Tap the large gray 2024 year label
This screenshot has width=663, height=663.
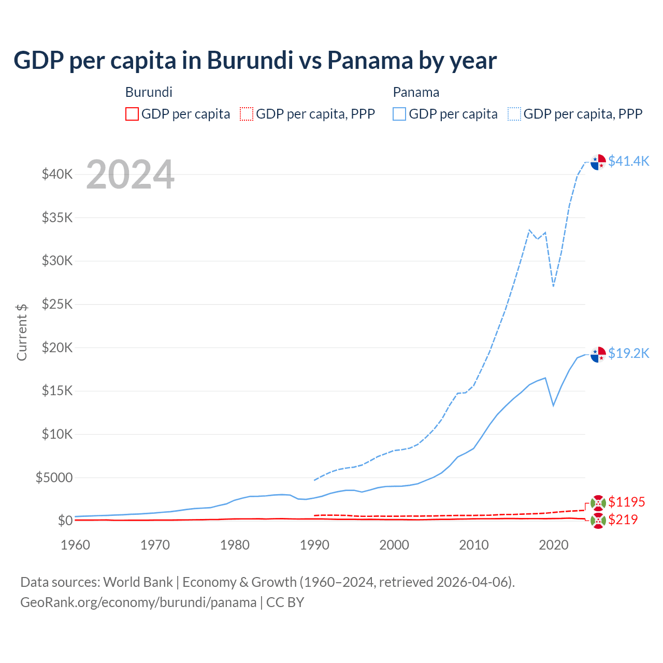(x=130, y=175)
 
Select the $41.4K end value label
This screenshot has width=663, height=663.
(x=628, y=161)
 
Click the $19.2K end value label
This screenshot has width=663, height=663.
(x=628, y=353)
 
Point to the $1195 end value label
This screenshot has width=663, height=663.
(x=626, y=502)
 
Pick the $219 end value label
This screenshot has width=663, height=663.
(x=623, y=520)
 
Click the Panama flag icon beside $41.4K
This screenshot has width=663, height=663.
(x=598, y=162)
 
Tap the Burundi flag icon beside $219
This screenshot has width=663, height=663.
(x=598, y=521)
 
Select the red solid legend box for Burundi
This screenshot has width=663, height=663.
(x=132, y=114)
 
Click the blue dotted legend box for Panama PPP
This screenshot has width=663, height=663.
(x=514, y=114)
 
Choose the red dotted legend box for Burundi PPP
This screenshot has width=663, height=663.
(x=247, y=114)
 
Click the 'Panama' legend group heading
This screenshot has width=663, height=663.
(x=416, y=92)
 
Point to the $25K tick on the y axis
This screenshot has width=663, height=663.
(x=57, y=304)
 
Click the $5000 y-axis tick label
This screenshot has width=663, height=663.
(x=54, y=478)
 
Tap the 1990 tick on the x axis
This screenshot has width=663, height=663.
(x=314, y=545)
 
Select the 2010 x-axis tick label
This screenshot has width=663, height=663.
(x=474, y=545)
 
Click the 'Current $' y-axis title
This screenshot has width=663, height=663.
(x=22, y=332)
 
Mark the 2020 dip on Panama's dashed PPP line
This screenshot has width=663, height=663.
(x=553, y=286)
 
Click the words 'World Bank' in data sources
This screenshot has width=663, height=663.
(x=138, y=582)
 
